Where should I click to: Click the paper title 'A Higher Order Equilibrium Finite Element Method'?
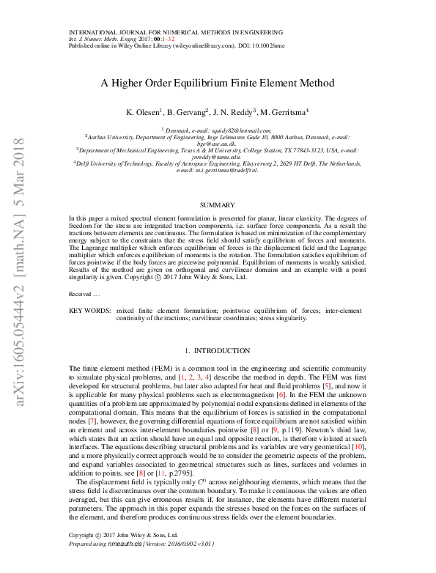coord(218,84)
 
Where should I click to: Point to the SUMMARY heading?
coord(217,204)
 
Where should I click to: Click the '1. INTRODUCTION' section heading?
coord(217,351)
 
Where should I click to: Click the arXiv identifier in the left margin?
coord(20,271)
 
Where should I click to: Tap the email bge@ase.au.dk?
coord(218,143)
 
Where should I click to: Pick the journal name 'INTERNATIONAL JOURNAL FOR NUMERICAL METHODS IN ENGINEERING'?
coord(175,32)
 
